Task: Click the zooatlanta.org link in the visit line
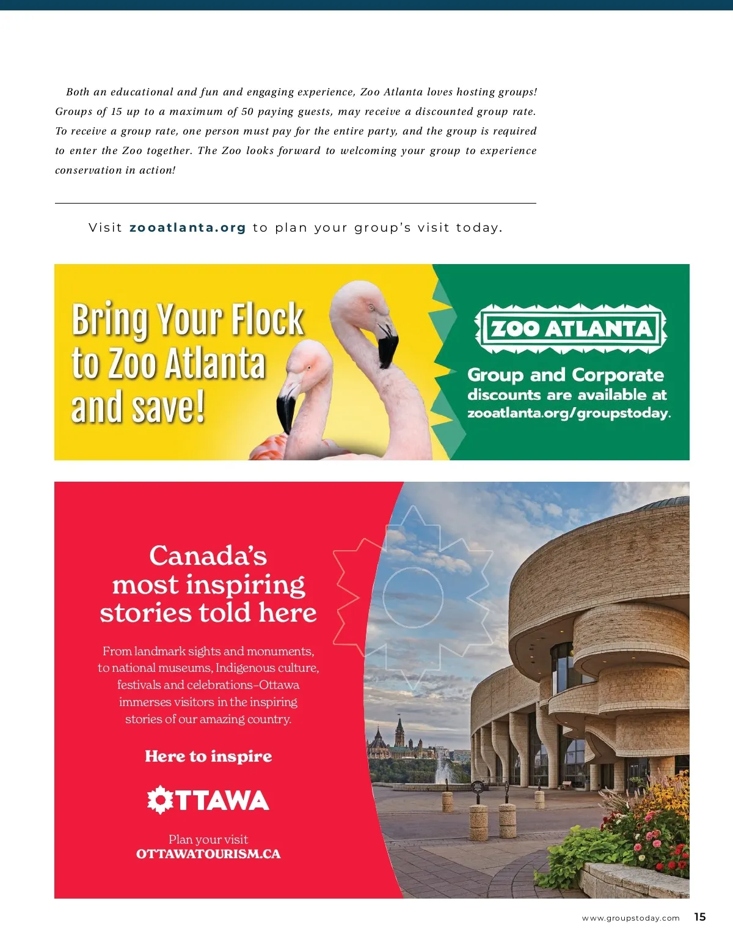click(x=188, y=228)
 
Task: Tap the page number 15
click(x=700, y=917)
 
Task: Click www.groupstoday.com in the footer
click(x=630, y=918)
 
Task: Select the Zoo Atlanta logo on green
click(x=571, y=329)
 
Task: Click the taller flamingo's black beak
click(x=388, y=346)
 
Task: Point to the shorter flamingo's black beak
click(x=286, y=413)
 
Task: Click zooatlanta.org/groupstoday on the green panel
click(x=568, y=413)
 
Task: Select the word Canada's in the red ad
click(x=208, y=556)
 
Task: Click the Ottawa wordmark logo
click(x=208, y=800)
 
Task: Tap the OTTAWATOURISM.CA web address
click(x=208, y=854)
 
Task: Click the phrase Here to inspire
click(x=208, y=757)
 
